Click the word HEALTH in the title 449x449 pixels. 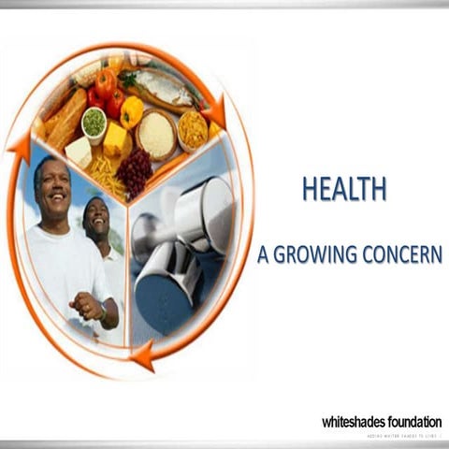[343, 190]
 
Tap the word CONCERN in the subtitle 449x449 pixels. [404, 254]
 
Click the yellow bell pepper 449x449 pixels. [133, 111]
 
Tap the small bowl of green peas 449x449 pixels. [94, 123]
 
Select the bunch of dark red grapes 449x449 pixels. [134, 171]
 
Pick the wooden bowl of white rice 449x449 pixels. [156, 135]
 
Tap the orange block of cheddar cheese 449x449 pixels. [115, 139]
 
